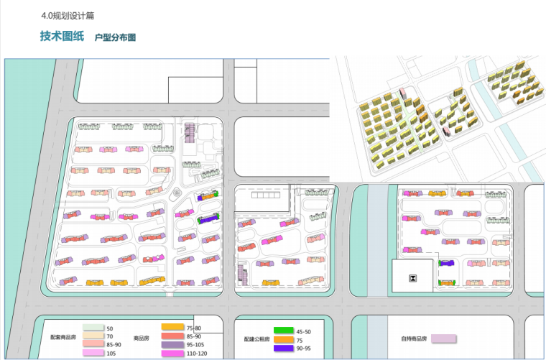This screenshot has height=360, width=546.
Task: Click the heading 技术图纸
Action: [62, 37]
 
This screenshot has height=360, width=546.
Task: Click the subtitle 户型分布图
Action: [116, 37]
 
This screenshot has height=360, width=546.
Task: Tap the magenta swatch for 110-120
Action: [173, 354]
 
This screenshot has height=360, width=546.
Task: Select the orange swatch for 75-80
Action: [173, 328]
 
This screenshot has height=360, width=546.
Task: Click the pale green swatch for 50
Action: [93, 328]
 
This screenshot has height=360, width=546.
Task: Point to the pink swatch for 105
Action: [93, 354]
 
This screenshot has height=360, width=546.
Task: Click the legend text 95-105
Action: [196, 345]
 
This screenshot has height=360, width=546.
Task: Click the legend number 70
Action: [110, 336]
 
